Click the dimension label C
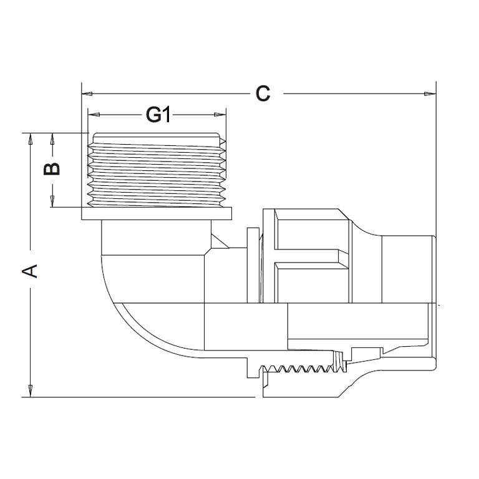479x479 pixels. click(263, 94)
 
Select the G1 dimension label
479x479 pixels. click(158, 115)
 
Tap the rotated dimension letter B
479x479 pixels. click(52, 169)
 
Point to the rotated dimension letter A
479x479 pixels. click(30, 271)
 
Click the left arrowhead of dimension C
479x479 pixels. click(87, 94)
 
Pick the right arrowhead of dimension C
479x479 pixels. click(430, 94)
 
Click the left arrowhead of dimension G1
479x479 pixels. click(94, 115)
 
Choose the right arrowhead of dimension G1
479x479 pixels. click(220, 115)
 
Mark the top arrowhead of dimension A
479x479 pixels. click(30, 139)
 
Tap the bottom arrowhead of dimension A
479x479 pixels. click(30, 391)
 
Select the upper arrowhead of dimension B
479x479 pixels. click(52, 139)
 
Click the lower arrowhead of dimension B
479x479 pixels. click(52, 201)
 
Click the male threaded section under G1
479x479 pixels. click(157, 170)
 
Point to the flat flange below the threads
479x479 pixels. click(157, 213)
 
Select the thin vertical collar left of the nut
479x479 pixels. click(253, 265)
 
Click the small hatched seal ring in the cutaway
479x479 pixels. click(339, 361)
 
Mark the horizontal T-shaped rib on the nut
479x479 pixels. click(312, 256)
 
